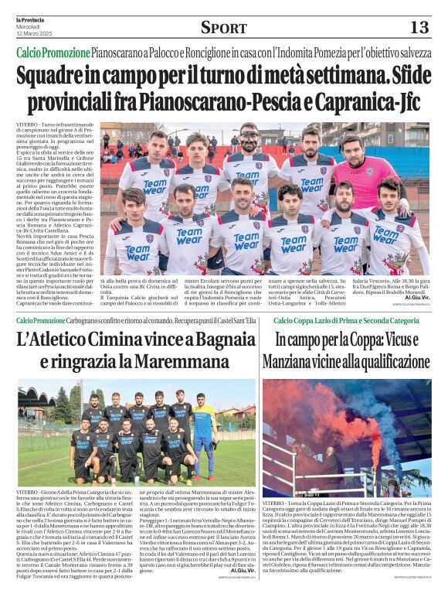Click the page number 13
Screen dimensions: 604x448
418,28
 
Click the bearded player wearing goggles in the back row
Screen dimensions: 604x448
249,147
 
